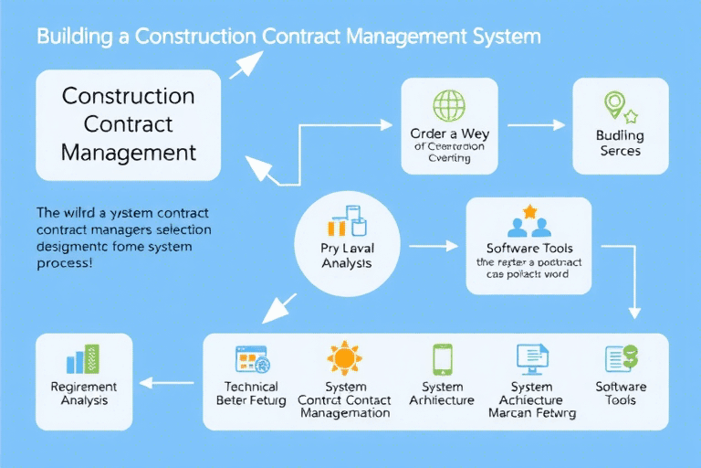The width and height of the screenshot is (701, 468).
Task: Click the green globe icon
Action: pos(448,105)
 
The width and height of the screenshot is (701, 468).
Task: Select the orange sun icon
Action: pos(345,357)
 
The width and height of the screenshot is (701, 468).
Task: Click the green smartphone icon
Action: pos(442,358)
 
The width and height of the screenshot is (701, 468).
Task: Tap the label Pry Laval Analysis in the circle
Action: pos(348,255)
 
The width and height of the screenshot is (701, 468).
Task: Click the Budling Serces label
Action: pos(620,143)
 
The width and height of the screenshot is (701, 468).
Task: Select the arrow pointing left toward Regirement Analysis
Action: pos(173,385)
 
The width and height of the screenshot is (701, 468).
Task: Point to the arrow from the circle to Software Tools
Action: pos(433,246)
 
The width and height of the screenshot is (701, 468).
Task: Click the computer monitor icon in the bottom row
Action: pos(530,357)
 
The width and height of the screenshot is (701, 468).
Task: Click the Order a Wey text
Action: pos(448,133)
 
